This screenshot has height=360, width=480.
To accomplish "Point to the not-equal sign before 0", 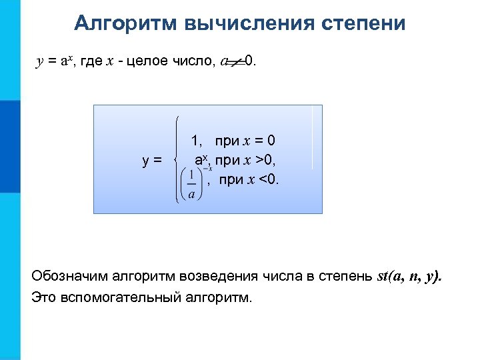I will [234, 63].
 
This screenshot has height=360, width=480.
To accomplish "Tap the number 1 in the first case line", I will [195, 141].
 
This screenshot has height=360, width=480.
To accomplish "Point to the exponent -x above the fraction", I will [207, 169].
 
